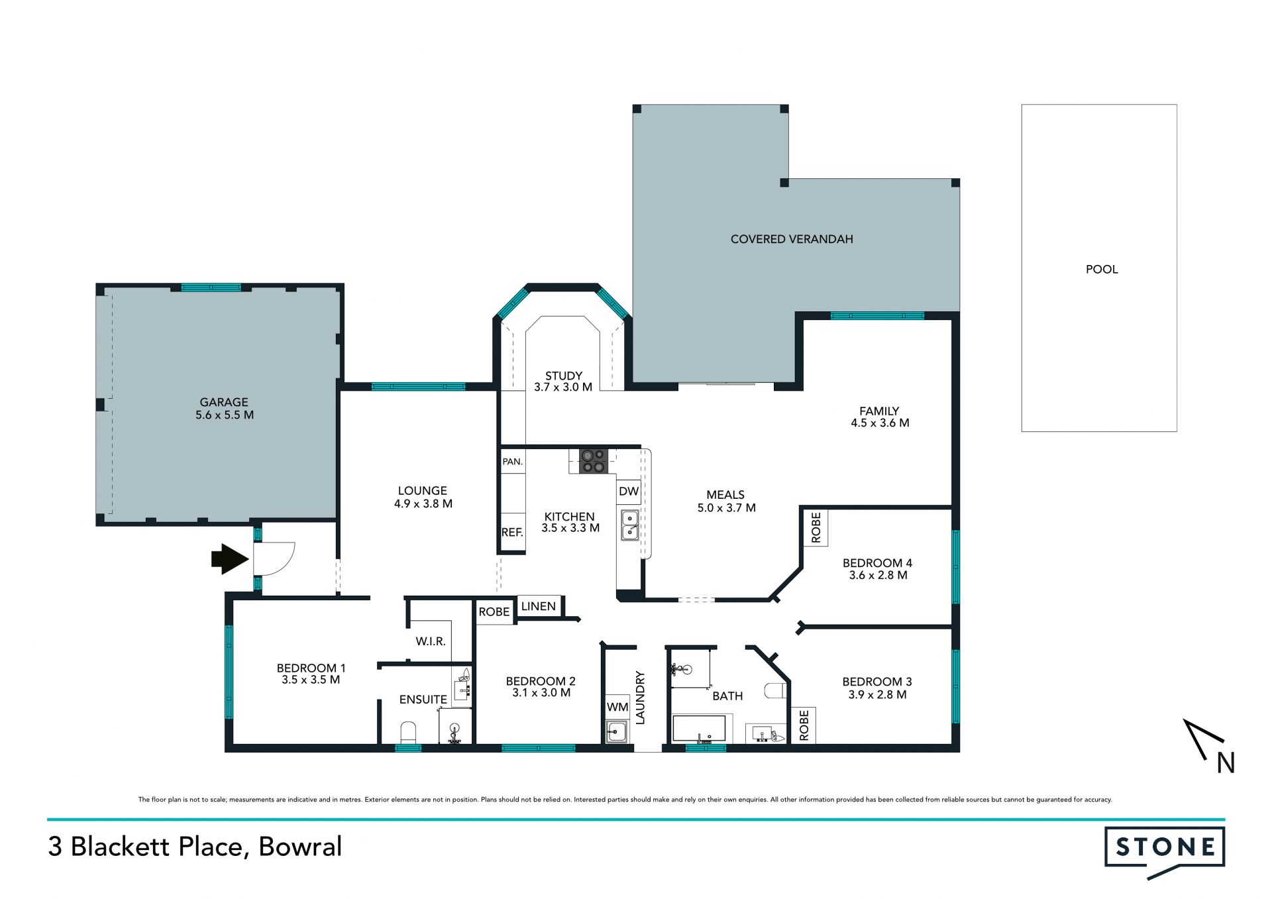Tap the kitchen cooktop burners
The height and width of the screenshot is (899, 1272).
[593, 460]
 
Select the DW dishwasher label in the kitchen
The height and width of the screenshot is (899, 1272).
[629, 492]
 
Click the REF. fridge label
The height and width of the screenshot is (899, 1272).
[512, 532]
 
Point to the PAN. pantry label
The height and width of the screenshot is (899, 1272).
[512, 462]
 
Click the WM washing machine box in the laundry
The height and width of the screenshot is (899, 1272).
[617, 708]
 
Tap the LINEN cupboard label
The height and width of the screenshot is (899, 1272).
[538, 606]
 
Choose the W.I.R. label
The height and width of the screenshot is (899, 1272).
[431, 641]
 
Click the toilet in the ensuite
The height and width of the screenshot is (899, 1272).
[409, 732]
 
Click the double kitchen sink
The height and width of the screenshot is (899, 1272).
[629, 525]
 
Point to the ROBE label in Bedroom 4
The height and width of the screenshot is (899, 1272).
[816, 527]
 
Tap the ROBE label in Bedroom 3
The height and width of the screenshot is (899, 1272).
[804, 725]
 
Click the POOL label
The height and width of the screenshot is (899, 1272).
[1102, 269]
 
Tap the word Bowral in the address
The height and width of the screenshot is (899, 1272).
[300, 847]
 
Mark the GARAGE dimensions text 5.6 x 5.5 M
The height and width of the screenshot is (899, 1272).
[225, 415]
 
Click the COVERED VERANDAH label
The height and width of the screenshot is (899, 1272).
[792, 239]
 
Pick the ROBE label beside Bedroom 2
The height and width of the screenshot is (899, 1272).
[494, 612]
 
